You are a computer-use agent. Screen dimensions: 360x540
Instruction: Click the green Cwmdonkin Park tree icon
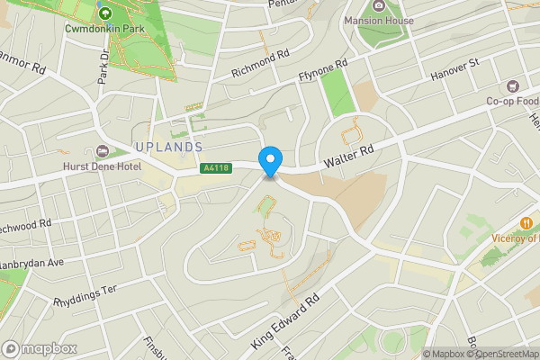[104, 13]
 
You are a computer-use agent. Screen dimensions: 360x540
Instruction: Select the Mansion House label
[378, 20]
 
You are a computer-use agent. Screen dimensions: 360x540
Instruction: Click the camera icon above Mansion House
[378, 5]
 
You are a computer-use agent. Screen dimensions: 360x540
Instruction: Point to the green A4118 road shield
[214, 167]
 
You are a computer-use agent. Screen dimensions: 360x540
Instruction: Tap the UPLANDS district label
[168, 147]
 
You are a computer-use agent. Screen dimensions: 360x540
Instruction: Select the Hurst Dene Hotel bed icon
[101, 152]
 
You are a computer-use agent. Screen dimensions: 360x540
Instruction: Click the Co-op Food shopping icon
[514, 86]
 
